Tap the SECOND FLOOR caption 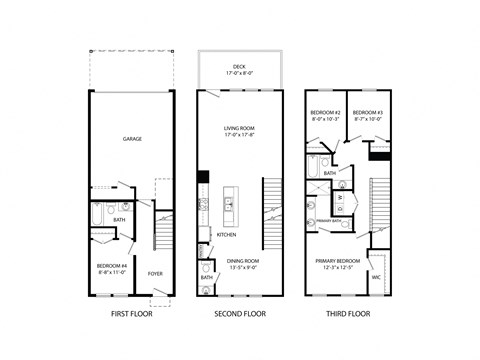(239, 313)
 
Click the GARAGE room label (131, 139)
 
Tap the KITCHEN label (227, 234)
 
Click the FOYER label (155, 272)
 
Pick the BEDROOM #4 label (110, 265)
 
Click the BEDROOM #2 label (326, 112)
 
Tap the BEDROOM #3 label (367, 112)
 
